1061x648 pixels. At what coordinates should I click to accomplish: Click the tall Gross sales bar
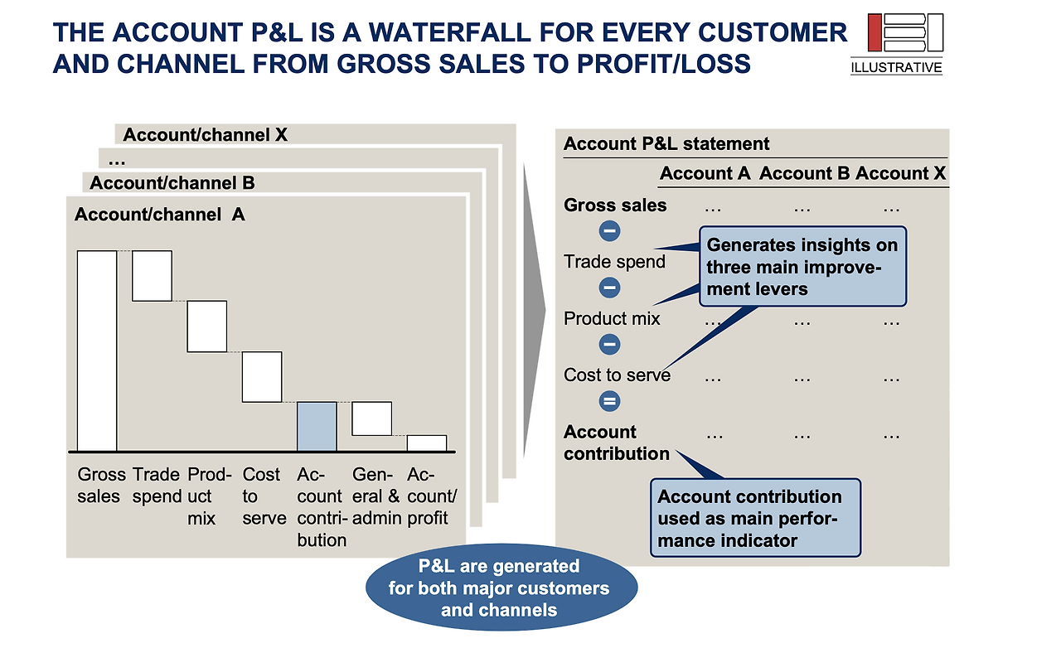click(x=97, y=351)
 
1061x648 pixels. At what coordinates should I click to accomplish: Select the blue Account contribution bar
click(x=317, y=426)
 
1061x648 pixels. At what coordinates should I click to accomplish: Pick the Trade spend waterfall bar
click(x=152, y=275)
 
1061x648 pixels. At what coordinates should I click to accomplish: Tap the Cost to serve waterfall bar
click(x=262, y=376)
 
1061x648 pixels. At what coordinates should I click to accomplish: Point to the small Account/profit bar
click(x=426, y=442)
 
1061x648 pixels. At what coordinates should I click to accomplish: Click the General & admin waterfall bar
click(x=371, y=418)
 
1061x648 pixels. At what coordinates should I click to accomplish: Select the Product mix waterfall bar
click(x=206, y=326)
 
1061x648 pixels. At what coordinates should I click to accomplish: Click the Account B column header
click(x=804, y=174)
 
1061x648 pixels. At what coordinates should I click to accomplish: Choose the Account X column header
click(x=900, y=174)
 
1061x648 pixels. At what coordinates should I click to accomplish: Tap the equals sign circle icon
click(x=609, y=402)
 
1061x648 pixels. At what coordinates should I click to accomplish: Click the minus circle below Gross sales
click(x=609, y=231)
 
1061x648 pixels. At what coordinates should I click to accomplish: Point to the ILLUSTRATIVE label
click(x=896, y=68)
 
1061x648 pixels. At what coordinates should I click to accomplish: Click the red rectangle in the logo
click(x=874, y=32)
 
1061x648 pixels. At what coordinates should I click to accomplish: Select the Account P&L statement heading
click(x=666, y=144)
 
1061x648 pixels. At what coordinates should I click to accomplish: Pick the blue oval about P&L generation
click(x=501, y=588)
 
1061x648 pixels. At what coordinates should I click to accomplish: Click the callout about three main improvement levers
click(x=802, y=267)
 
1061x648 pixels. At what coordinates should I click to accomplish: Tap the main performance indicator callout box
click(x=754, y=518)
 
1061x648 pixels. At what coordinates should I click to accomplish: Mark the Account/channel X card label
click(x=206, y=135)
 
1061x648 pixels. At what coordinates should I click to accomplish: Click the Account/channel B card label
click(x=172, y=183)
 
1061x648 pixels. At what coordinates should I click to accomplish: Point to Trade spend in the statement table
click(x=614, y=262)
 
